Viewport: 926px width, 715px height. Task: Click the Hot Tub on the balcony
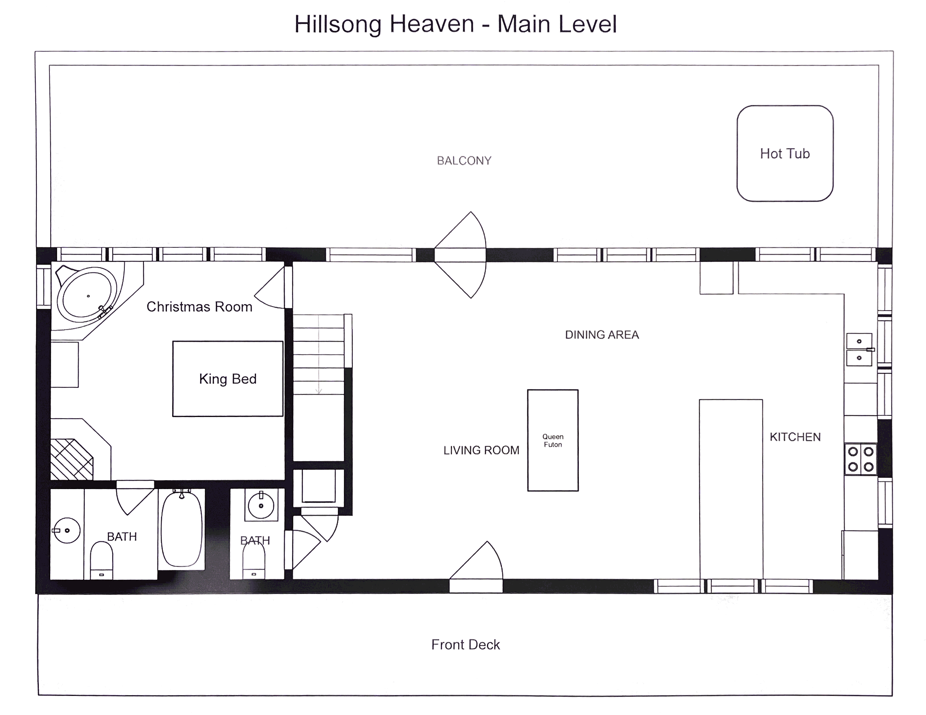point(785,153)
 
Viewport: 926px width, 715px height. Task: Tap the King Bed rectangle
point(228,379)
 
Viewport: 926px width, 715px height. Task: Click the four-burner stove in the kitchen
point(860,459)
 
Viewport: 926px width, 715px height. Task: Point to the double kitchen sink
point(859,350)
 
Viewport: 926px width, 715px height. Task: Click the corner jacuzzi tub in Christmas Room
point(87,292)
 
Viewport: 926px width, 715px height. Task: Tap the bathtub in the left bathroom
point(181,529)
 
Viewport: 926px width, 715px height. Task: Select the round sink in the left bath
point(67,530)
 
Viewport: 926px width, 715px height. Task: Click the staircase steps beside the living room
point(318,354)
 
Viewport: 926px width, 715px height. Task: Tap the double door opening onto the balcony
point(460,255)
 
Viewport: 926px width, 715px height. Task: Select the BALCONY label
point(464,161)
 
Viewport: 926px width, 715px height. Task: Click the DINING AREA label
point(602,335)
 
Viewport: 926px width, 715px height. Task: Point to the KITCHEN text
point(795,437)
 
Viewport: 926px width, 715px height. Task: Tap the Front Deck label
point(465,645)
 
